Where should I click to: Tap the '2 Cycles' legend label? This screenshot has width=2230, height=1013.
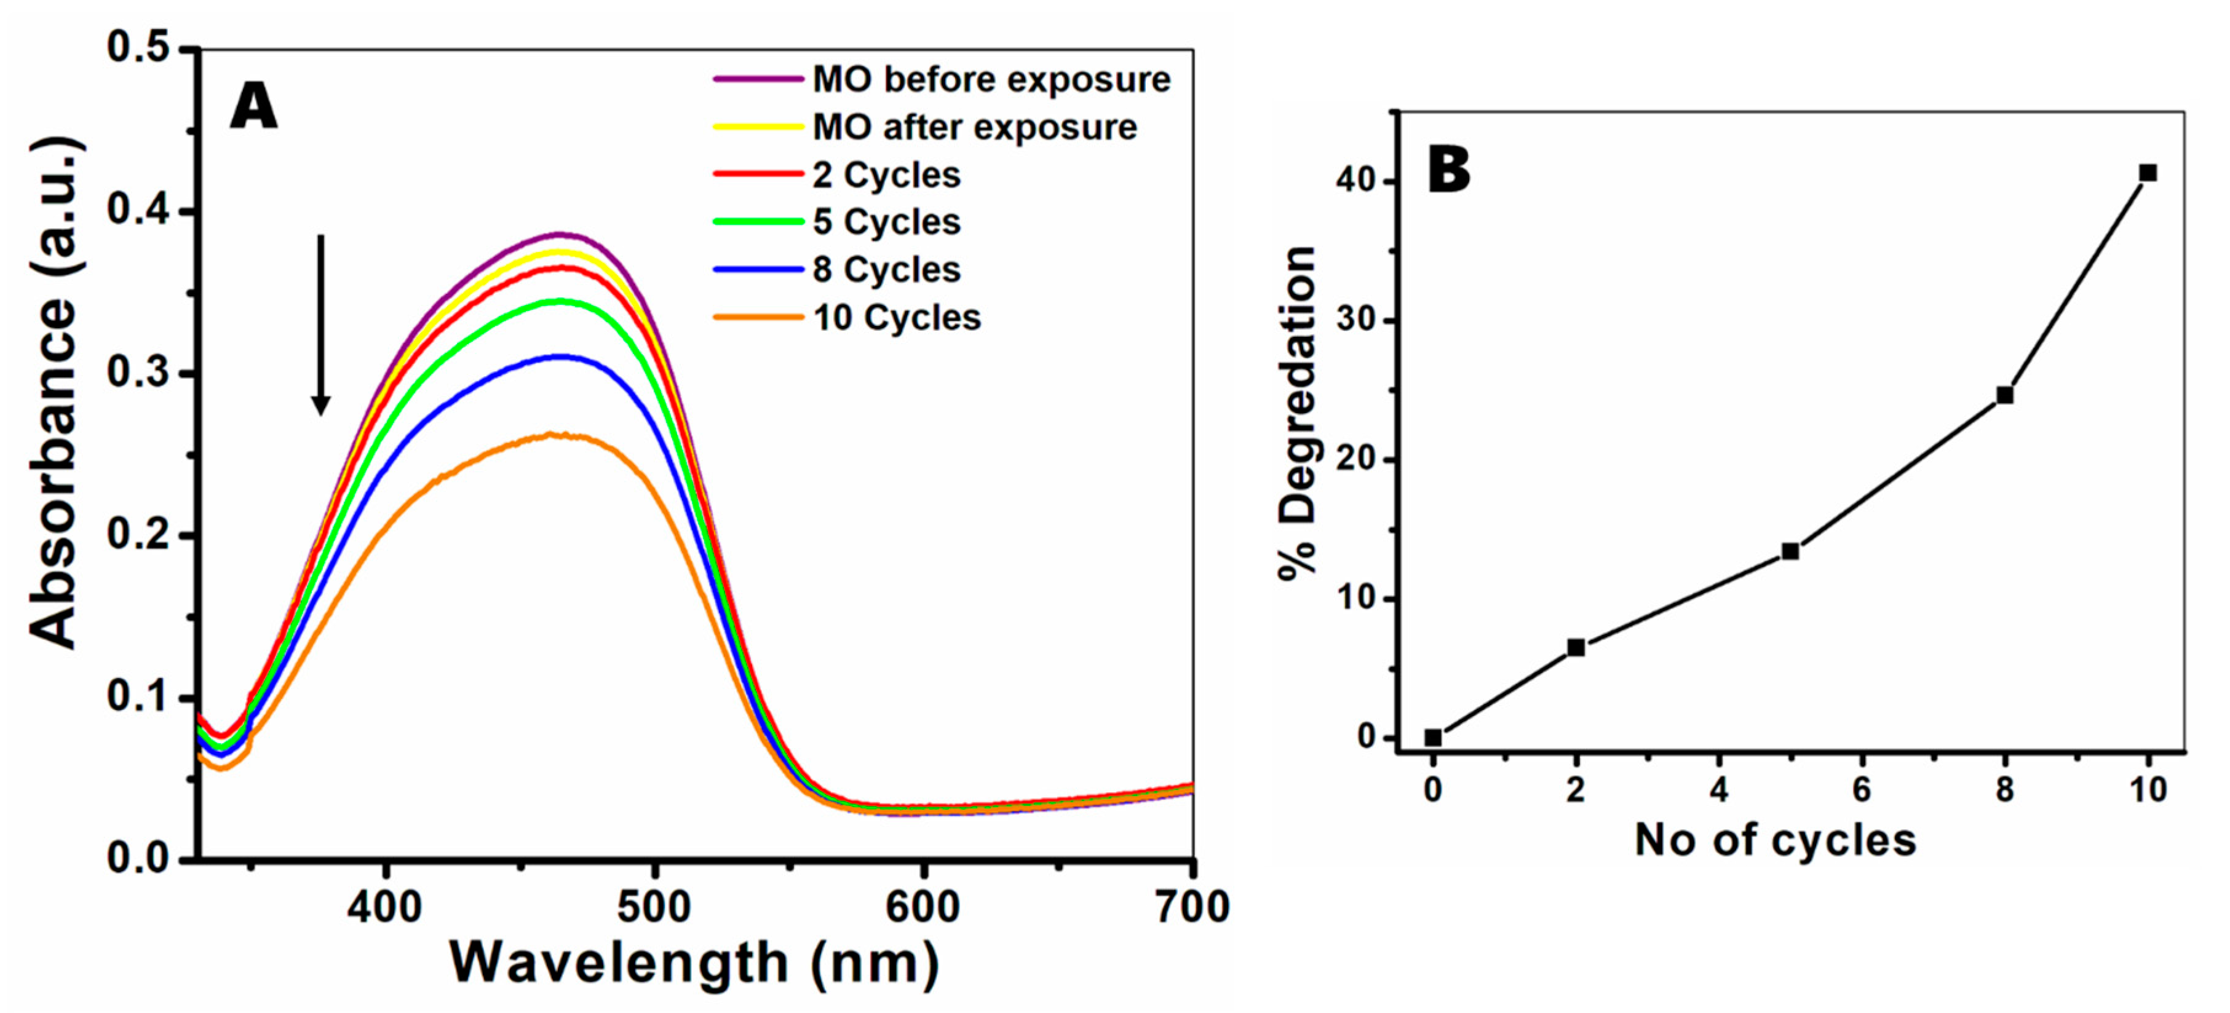886,175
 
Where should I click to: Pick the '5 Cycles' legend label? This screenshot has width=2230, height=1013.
886,223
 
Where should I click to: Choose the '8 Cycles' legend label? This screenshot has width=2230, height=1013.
886,270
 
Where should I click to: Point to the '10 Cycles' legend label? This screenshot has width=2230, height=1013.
896,317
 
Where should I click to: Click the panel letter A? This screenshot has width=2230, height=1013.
253,108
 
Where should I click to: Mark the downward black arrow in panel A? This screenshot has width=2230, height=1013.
320,325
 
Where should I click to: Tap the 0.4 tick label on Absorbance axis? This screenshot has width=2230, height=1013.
138,210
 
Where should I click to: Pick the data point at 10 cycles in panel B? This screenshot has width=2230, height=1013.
2147,173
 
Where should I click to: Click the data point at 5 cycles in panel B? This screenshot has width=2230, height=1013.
1790,551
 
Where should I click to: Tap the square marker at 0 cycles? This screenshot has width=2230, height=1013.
1433,738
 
